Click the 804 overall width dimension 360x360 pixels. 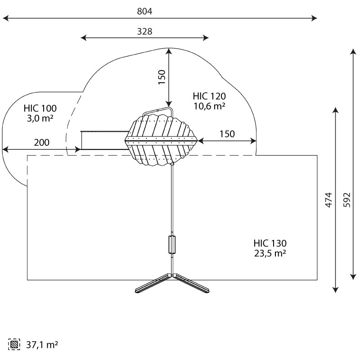144,11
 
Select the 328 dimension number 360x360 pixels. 144,31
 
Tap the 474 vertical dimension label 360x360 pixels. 329,200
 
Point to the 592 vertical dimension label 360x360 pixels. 347,200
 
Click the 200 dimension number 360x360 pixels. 41,143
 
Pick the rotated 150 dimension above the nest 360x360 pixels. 162,77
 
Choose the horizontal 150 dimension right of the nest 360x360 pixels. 227,134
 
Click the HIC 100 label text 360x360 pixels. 40,108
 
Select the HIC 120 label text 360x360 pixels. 209,96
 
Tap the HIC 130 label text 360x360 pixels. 270,243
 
